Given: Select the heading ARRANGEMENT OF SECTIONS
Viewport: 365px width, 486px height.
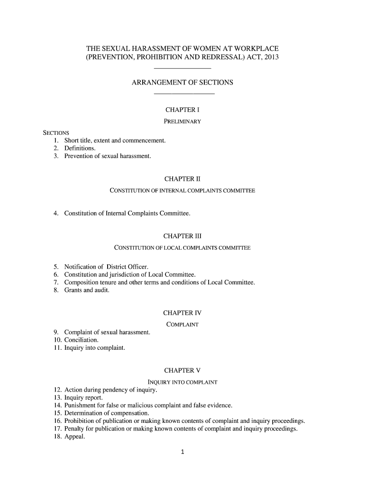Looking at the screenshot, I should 182,83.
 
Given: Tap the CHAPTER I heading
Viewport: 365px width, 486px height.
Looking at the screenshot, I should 182,110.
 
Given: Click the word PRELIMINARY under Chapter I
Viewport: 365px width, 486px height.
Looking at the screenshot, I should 182,121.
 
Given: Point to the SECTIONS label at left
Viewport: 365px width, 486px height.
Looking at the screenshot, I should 56,132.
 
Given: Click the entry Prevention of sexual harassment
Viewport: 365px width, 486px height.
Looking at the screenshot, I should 108,156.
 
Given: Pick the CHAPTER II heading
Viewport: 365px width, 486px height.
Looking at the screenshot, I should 182,179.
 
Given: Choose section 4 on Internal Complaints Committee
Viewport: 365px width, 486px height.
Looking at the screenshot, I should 127,214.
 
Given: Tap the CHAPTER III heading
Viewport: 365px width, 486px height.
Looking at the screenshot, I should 182,236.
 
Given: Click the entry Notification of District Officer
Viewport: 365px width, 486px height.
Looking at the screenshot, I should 103,267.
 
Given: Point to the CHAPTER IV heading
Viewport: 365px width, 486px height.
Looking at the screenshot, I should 182,313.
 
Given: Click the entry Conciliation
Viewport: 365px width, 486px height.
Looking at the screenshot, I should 82,340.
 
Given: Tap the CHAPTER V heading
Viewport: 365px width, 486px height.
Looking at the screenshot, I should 182,370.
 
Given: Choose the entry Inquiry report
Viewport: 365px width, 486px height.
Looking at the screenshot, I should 83,398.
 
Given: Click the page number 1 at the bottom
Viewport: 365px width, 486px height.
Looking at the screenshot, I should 182,452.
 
